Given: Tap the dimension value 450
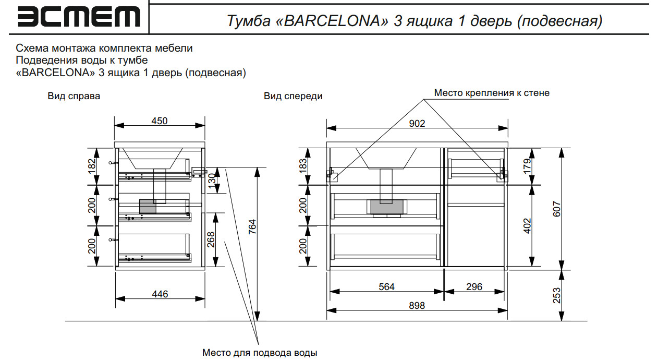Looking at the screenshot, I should (160, 121).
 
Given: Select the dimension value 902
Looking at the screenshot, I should (417, 124).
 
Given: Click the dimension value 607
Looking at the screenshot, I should (556, 209).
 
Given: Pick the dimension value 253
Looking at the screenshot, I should (556, 296).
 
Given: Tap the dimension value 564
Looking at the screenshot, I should (386, 286).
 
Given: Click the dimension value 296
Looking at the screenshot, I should (474, 286).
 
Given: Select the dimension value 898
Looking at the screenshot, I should (417, 306).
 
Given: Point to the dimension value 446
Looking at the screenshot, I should (160, 294).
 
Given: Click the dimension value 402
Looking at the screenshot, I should (527, 225).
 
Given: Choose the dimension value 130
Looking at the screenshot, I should (211, 181).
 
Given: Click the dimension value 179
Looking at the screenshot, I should (527, 166).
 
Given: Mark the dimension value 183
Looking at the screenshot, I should (303, 166).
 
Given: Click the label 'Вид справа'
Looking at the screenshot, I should (74, 96).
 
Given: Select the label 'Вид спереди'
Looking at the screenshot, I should (293, 96).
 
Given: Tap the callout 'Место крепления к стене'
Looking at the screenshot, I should (492, 93).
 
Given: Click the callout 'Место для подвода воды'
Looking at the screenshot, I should (260, 353).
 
